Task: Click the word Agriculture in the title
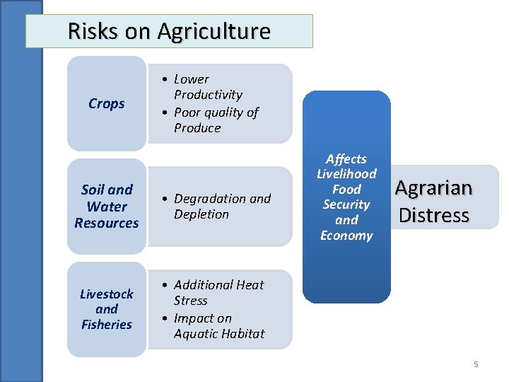213,32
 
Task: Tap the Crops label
106,103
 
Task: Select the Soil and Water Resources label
107,206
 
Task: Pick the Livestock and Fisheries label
106,309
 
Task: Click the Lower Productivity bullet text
208,87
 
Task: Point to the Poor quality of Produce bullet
216,120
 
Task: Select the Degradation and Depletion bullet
222,206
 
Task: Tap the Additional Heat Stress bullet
218,292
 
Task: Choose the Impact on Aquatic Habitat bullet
218,325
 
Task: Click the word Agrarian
433,188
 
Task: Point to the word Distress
434,215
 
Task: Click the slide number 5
476,364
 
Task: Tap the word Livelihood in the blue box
346,174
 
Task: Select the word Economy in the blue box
346,236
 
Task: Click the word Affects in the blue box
346,159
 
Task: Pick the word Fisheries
107,325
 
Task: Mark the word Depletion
201,214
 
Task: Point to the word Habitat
242,333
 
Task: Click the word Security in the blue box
346,204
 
